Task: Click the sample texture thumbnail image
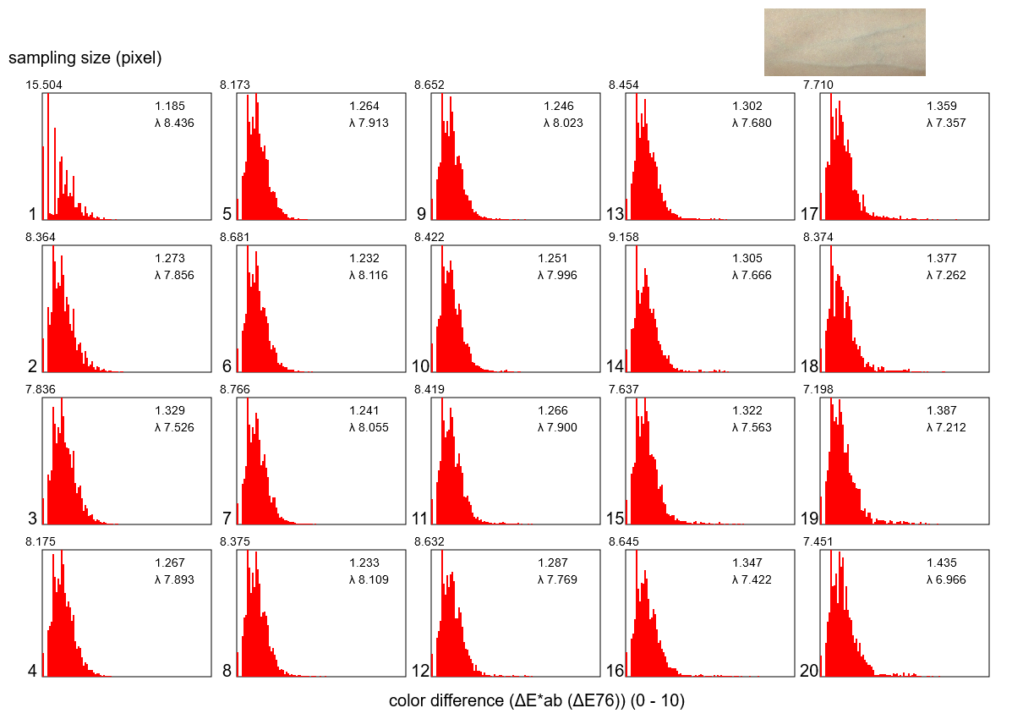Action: tap(844, 42)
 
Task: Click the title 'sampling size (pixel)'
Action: tap(85, 58)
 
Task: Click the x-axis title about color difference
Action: tap(536, 701)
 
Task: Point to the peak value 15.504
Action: tap(44, 85)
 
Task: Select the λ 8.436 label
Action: tap(174, 123)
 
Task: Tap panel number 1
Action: tap(33, 214)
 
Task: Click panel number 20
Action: tap(809, 671)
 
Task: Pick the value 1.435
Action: tap(942, 563)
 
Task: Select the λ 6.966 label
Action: tap(946, 579)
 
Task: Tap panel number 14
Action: tap(615, 366)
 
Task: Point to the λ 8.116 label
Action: tap(369, 275)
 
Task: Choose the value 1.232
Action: tap(364, 258)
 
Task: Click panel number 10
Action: tap(420, 366)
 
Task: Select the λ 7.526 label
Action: tap(174, 427)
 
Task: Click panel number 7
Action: tap(227, 519)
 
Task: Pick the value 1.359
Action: tap(942, 106)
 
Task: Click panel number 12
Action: tap(420, 671)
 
